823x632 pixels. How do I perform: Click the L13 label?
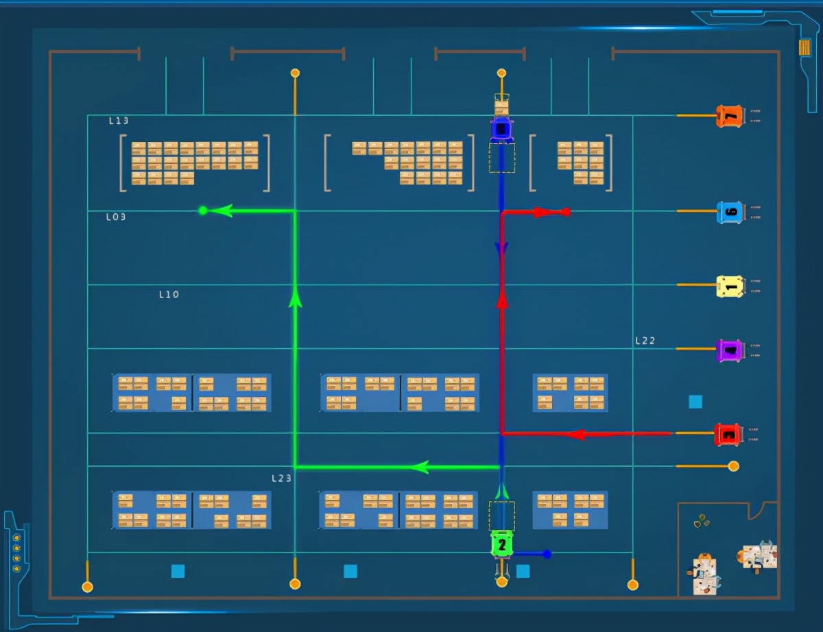point(119,121)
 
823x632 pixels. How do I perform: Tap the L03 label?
point(116,217)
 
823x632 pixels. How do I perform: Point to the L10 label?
point(169,294)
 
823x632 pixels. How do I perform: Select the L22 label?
point(645,340)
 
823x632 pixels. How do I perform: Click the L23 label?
point(282,478)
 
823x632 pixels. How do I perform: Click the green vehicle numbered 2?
point(502,544)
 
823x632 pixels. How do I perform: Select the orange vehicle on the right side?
point(729,116)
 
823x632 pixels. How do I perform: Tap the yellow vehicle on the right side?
point(730,286)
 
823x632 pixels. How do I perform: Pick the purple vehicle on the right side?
point(730,350)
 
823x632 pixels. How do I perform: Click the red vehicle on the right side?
point(728,433)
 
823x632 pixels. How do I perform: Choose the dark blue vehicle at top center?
point(502,129)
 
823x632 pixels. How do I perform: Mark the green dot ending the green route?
point(202,210)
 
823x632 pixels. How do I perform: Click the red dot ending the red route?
point(566,212)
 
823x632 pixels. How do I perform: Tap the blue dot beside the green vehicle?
point(547,554)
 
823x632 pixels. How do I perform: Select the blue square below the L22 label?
point(695,402)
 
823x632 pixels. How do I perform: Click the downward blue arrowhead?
point(502,248)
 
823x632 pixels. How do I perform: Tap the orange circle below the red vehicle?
point(733,466)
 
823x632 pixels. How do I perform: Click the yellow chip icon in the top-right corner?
point(804,47)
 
